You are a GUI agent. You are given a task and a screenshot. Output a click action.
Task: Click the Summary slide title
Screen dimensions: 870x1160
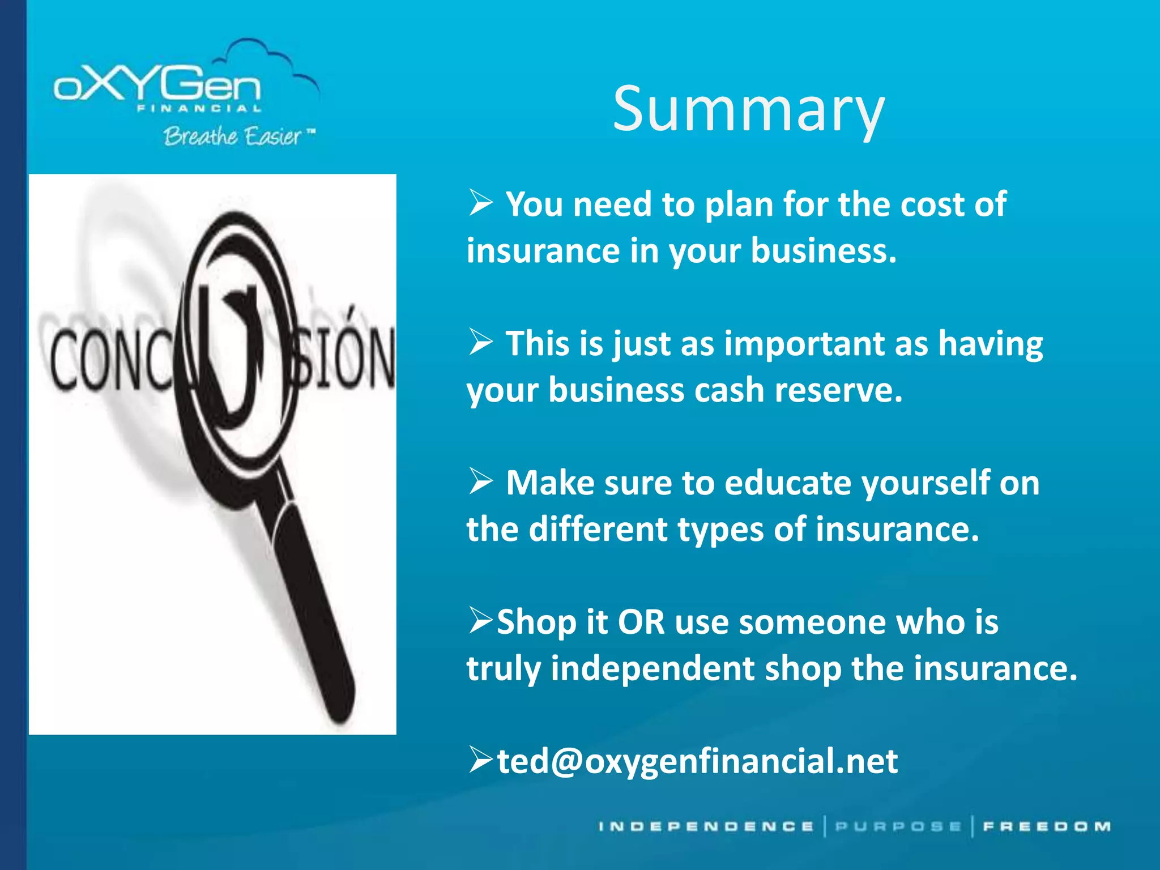[748, 110]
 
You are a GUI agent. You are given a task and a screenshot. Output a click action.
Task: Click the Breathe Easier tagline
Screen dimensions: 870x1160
[233, 137]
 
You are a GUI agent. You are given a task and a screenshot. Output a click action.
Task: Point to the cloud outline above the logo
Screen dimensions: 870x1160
[266, 57]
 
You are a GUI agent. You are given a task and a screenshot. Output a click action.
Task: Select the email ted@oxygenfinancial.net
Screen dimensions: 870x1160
[697, 761]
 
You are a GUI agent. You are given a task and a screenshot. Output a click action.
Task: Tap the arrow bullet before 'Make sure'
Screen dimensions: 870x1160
[481, 483]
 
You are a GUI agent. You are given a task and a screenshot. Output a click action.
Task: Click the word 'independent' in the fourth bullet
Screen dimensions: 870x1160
[652, 668]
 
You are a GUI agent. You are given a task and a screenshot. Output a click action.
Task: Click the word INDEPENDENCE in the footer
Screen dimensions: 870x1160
[706, 827]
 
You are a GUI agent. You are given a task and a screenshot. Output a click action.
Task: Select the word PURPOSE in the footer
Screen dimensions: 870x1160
[898, 827]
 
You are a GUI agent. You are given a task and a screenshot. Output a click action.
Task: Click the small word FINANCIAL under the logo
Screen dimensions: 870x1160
[199, 109]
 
